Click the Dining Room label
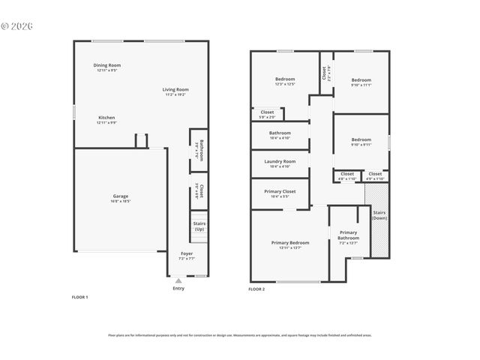click(107, 65)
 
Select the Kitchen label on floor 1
click(106, 118)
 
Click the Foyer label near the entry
click(187, 254)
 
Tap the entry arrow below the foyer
click(178, 280)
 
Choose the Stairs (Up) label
click(199, 226)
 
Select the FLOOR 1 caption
click(79, 298)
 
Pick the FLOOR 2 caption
click(256, 289)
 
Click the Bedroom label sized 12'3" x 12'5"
click(285, 79)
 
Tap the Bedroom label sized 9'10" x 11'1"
click(361, 80)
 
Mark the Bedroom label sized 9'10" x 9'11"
click(361, 139)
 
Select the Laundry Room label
click(280, 161)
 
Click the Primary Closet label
click(280, 191)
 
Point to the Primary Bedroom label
click(290, 242)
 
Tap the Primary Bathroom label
click(349, 235)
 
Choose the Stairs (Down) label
click(379, 215)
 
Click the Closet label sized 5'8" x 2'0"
click(267, 112)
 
